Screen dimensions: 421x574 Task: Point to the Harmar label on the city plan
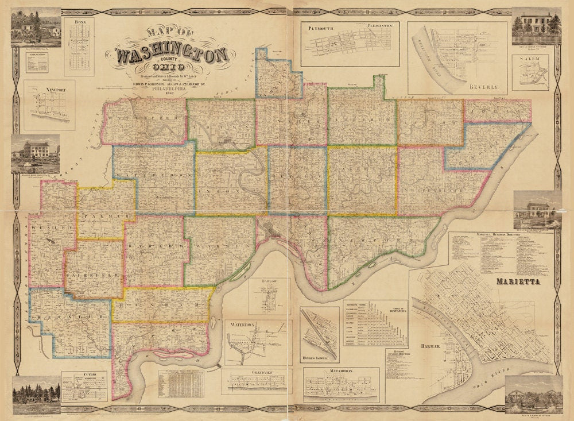click(x=429, y=347)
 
